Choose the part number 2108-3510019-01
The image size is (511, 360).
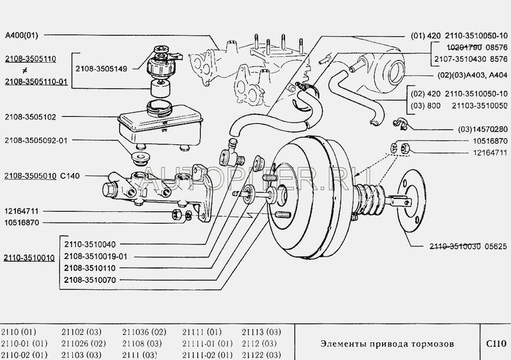pyautogui.click(x=100, y=256)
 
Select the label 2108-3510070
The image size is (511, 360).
pyautogui.click(x=95, y=279)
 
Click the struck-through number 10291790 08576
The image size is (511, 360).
pyautogui.click(x=473, y=47)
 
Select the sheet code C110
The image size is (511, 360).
pyautogui.click(x=494, y=343)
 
